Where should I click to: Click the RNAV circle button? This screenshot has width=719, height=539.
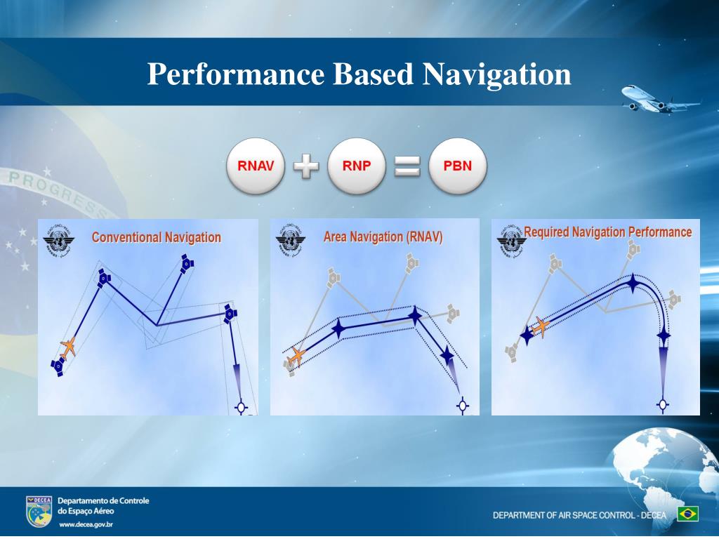(x=255, y=166)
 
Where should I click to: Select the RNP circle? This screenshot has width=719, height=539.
(x=357, y=166)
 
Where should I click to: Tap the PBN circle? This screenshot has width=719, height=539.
(x=457, y=166)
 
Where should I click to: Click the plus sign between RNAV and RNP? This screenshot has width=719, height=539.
(x=305, y=167)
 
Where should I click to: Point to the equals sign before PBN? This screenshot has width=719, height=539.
(x=407, y=166)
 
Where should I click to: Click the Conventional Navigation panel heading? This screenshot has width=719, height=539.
(x=156, y=238)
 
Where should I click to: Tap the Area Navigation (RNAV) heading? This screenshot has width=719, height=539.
(x=383, y=237)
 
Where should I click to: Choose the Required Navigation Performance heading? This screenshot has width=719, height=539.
(x=607, y=232)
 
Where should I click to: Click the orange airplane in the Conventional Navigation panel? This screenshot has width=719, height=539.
(x=68, y=347)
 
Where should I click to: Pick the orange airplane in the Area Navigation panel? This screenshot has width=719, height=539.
(x=297, y=356)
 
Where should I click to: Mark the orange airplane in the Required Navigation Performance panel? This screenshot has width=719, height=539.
(x=540, y=326)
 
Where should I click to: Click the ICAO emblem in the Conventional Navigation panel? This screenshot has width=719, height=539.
(x=58, y=241)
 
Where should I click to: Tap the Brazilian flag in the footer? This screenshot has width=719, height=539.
(x=687, y=514)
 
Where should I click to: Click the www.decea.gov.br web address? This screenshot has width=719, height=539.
(x=86, y=524)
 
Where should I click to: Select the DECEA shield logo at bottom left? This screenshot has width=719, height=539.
(x=39, y=512)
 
